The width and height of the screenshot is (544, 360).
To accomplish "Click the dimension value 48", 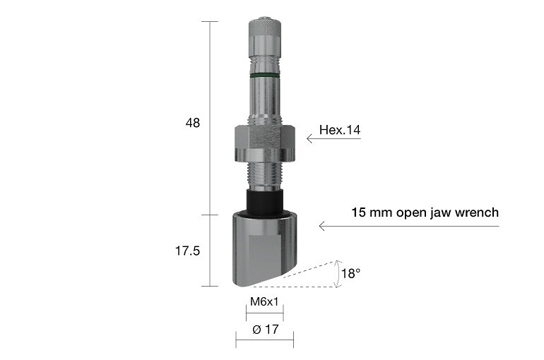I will click(x=193, y=123).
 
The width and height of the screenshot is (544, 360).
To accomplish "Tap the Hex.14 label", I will click(x=339, y=130).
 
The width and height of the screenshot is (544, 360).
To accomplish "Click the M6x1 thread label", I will click(x=264, y=302).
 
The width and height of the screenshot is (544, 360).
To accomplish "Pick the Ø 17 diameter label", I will click(x=264, y=329).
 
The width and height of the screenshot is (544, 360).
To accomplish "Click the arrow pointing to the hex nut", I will click(x=332, y=139).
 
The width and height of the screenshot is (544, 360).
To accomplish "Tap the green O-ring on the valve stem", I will click(x=264, y=73).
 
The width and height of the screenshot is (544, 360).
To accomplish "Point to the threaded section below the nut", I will click(x=264, y=176).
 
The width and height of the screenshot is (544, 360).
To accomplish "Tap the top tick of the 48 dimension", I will click(x=209, y=21).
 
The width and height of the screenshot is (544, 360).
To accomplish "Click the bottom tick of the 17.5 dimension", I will click(x=209, y=286).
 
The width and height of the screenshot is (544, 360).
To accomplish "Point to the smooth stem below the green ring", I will click(x=264, y=99).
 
